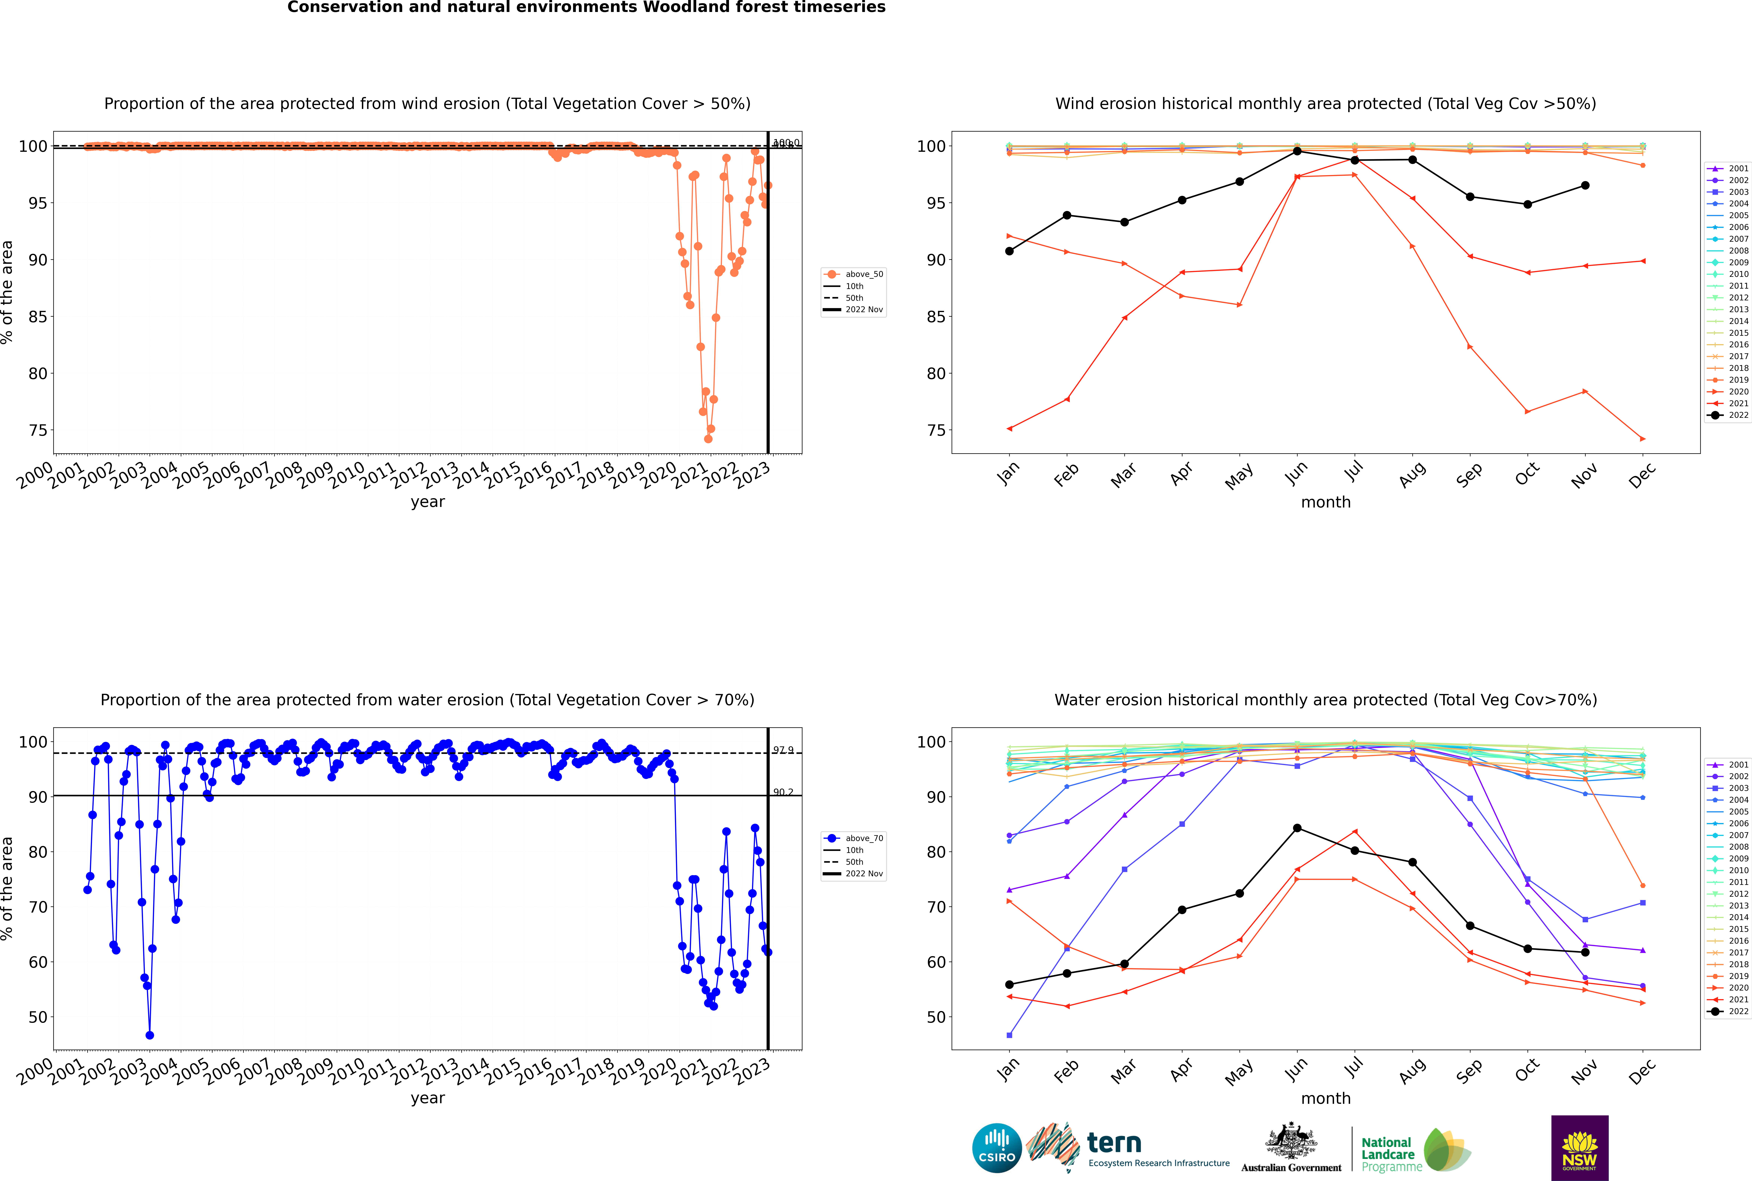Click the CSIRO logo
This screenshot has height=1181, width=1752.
pyautogui.click(x=996, y=1148)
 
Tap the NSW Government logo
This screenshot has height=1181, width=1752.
pyautogui.click(x=1579, y=1147)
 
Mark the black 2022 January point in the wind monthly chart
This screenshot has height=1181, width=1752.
pyautogui.click(x=1009, y=251)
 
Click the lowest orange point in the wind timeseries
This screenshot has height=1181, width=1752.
pyautogui.click(x=708, y=439)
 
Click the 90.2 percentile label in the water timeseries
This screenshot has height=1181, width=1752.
pyautogui.click(x=783, y=792)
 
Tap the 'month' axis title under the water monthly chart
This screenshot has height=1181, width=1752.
pyautogui.click(x=1326, y=1098)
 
